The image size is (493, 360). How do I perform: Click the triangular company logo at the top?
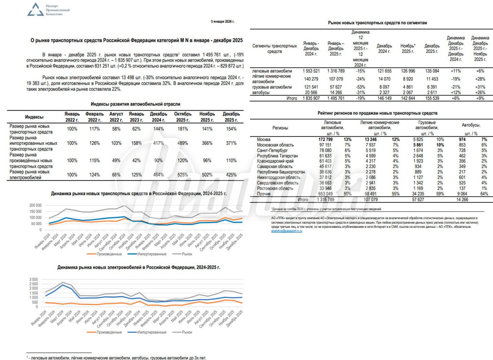click(35, 10)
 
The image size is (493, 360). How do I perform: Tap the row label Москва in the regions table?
click(264, 139)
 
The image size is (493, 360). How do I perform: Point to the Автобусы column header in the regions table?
click(470, 125)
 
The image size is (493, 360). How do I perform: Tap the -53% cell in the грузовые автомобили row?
click(360, 87)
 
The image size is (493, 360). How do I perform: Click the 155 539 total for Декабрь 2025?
click(432, 98)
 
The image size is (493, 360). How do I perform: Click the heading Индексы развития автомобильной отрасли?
click(135, 104)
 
